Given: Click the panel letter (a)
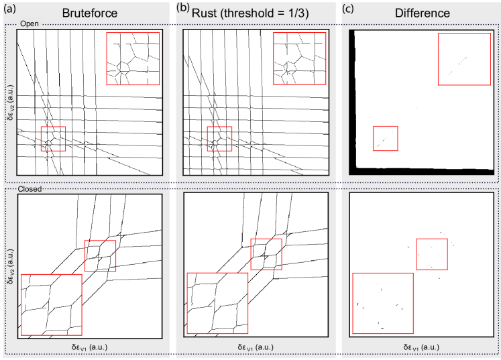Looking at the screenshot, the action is click(9, 9).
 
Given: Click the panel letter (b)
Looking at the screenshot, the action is click(183, 8).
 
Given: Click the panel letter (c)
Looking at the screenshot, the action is click(348, 9).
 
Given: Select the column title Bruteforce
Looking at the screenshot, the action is click(90, 13).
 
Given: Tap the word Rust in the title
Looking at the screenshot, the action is click(204, 13).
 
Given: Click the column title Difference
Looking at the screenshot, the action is click(423, 13).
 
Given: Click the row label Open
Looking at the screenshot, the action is click(30, 23).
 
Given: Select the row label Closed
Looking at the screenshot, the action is click(30, 189).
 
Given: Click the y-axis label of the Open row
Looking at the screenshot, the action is click(11, 102).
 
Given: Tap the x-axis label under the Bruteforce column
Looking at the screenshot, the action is click(89, 347).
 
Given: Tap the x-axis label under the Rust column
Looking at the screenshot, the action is click(256, 347).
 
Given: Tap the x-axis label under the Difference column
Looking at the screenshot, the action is click(421, 347).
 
